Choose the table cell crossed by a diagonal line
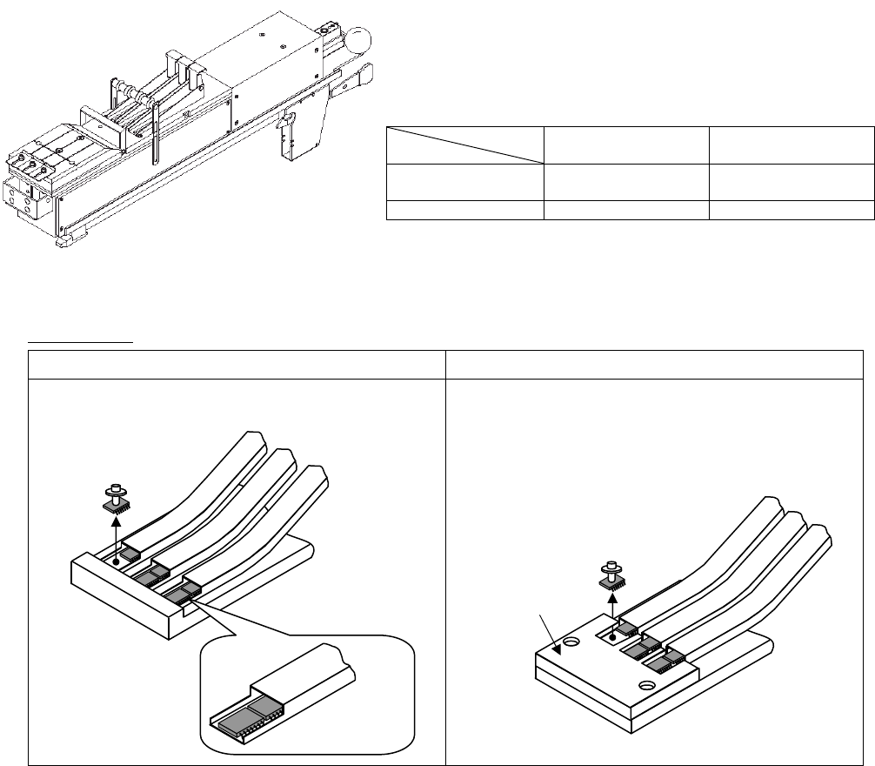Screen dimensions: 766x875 (x=464, y=144)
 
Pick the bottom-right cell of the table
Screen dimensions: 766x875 (x=792, y=210)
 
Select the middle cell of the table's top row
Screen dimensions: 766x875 (x=627, y=144)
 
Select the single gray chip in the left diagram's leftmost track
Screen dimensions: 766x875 (x=130, y=553)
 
